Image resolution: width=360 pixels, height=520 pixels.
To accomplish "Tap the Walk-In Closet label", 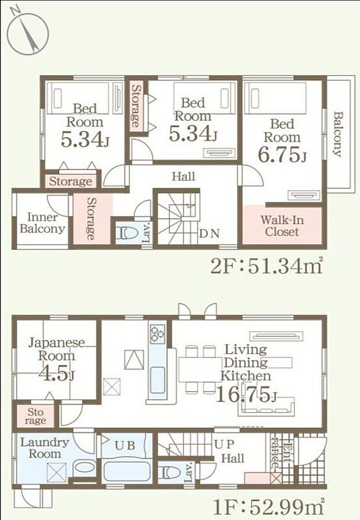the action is pyautogui.click(x=282, y=226).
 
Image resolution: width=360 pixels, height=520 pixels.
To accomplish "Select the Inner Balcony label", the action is pyautogui.click(x=42, y=223).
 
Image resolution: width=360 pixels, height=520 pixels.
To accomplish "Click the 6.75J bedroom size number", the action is pyautogui.click(x=282, y=155).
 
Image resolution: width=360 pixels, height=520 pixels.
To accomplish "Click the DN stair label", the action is pyautogui.click(x=209, y=234).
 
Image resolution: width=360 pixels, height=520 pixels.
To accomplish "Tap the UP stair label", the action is pyautogui.click(x=225, y=444).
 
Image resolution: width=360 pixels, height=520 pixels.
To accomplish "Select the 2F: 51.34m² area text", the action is pyautogui.click(x=267, y=266).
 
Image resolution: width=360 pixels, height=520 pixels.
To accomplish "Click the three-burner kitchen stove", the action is pyautogui.click(x=157, y=333).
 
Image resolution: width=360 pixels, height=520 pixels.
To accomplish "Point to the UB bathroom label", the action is pyautogui.click(x=125, y=446).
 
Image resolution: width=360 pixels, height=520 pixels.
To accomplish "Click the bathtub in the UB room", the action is pyautogui.click(x=127, y=471).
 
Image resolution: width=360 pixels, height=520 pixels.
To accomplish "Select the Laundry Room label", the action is pyautogui.click(x=45, y=448).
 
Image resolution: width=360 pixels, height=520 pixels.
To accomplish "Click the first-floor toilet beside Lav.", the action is pyautogui.click(x=169, y=472).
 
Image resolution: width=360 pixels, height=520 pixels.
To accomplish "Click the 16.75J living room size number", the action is pyautogui.click(x=247, y=395).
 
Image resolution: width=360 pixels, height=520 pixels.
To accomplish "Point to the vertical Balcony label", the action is pyautogui.click(x=338, y=134).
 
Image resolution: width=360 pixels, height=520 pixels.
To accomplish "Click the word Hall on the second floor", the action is pyautogui.click(x=183, y=176).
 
